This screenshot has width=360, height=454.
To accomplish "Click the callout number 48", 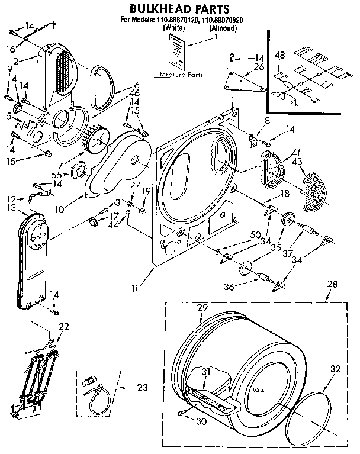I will click(x=280, y=56).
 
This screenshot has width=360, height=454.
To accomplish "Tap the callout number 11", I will click(x=136, y=288).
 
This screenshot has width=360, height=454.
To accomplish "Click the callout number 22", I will click(x=64, y=327).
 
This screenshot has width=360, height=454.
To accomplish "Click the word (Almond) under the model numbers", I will click(x=224, y=28).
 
